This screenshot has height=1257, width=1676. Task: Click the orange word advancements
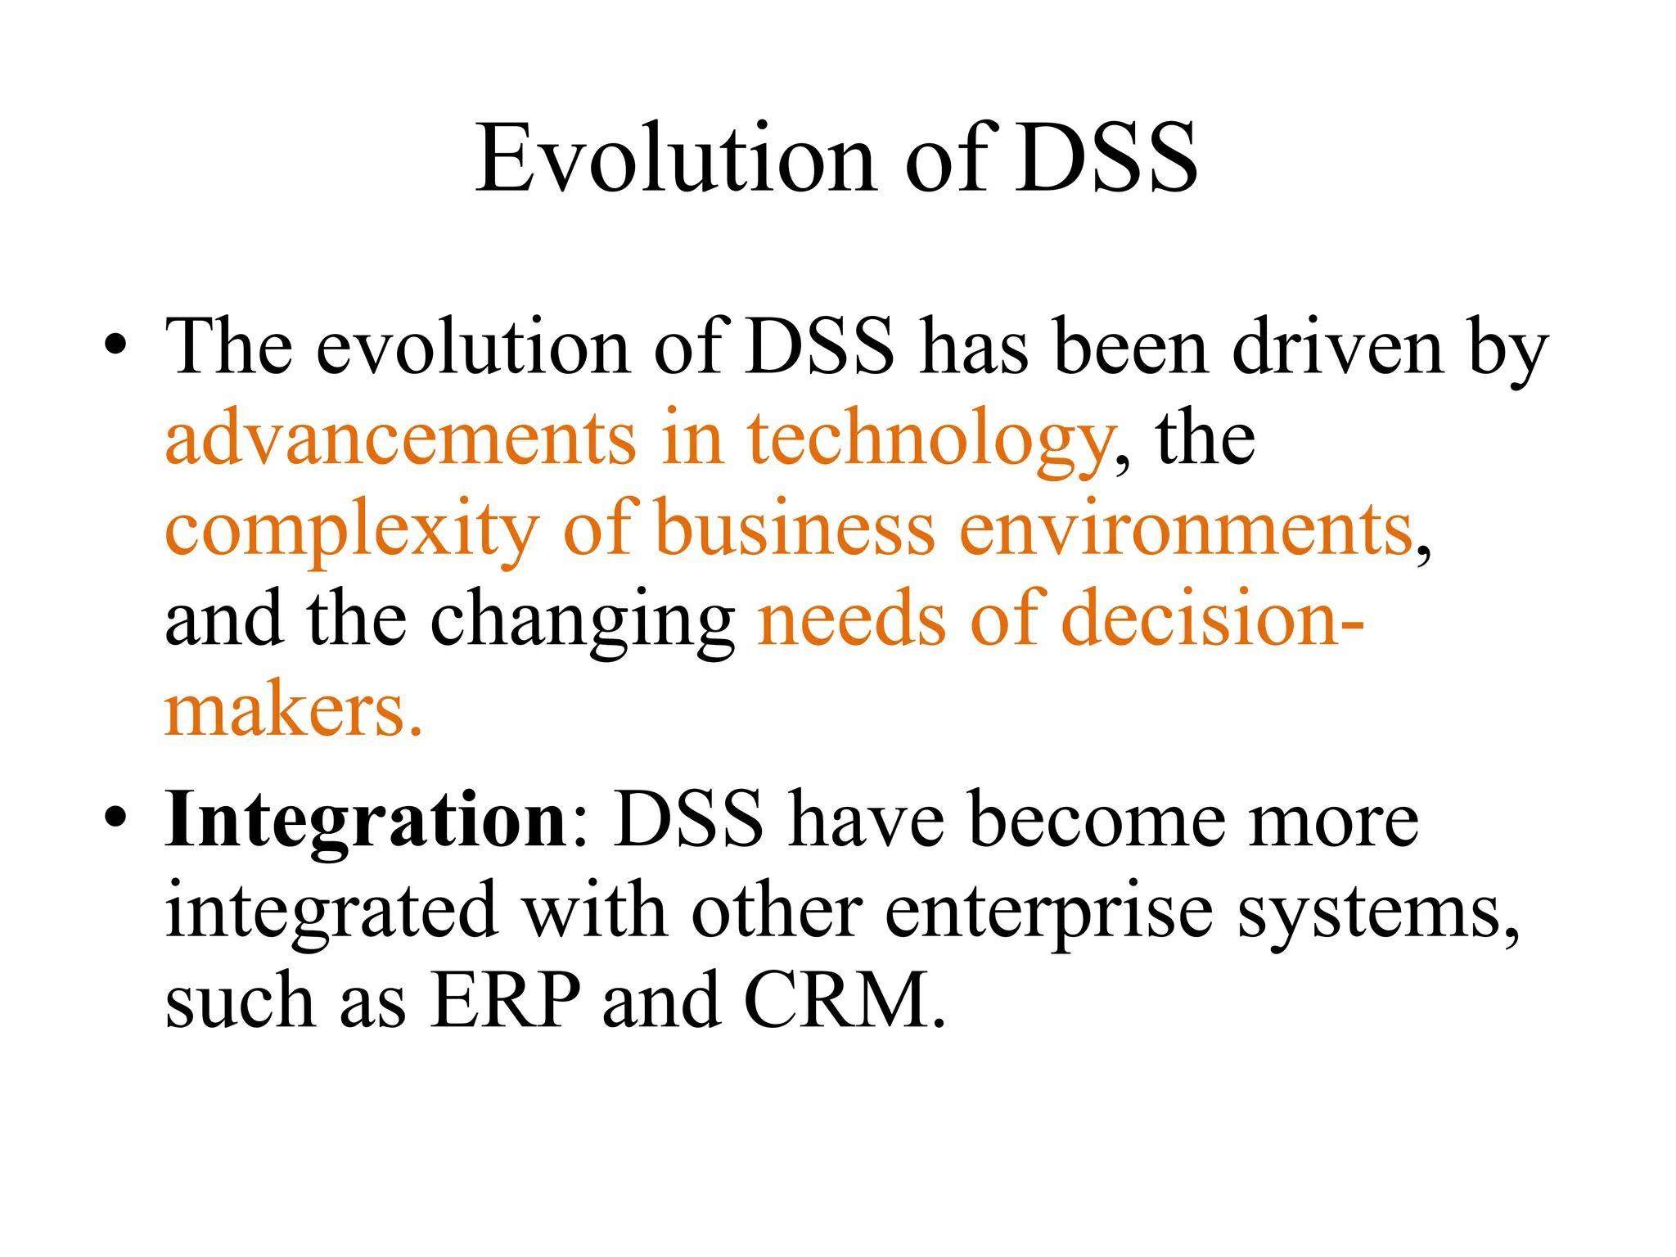tap(400, 439)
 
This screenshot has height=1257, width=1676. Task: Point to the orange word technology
tap(930, 442)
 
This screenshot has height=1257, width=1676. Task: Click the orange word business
tap(795, 529)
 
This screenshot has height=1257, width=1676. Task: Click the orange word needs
tap(851, 619)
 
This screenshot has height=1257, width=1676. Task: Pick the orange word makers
tap(293, 710)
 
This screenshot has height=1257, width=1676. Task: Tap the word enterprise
tap(1048, 913)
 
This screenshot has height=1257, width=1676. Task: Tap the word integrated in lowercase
tap(331, 913)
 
